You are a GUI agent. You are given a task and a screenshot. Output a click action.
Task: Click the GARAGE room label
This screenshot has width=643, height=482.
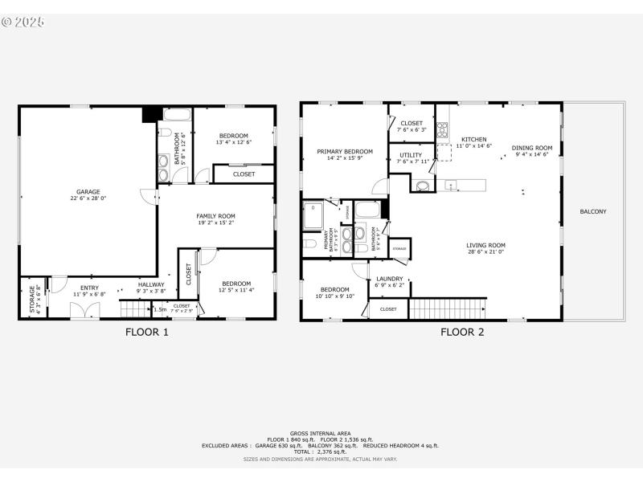point(88,192)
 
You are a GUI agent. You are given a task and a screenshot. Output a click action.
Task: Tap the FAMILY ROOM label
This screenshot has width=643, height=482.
point(215,216)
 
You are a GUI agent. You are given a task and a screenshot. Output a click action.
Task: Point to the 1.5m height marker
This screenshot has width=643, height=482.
point(160,309)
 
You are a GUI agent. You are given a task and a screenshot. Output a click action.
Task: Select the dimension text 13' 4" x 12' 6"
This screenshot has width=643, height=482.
point(233,142)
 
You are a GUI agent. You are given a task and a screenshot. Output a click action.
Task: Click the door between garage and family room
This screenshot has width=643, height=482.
point(145,196)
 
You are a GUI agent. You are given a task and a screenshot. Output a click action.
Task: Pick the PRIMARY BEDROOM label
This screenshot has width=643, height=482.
point(345,151)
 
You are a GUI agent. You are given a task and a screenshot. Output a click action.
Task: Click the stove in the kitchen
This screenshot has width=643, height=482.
point(442,129)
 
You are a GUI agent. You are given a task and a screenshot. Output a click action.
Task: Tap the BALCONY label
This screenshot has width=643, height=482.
point(593,212)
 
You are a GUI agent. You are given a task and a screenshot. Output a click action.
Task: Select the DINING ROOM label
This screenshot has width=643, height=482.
point(532,148)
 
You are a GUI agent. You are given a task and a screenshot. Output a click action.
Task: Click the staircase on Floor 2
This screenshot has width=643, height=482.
point(448,308)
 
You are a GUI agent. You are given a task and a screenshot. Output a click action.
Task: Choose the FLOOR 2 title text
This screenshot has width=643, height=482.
point(461,332)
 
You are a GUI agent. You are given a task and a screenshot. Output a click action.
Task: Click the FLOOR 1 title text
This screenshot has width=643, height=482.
point(146,332)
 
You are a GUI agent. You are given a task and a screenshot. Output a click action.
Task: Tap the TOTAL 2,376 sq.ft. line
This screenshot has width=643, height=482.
point(321,452)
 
